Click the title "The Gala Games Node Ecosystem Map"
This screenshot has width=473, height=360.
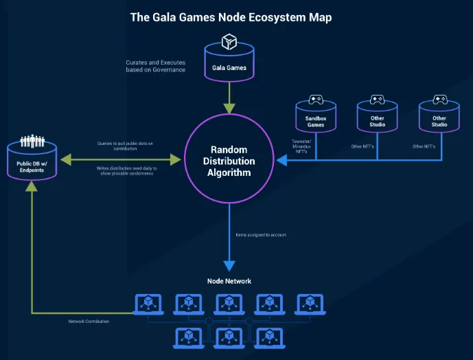(x=231, y=17)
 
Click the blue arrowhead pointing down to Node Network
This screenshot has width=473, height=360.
(x=229, y=265)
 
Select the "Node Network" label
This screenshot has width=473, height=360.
(x=229, y=281)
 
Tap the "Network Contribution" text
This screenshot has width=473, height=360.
(x=89, y=321)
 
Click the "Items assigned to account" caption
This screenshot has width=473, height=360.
(x=261, y=235)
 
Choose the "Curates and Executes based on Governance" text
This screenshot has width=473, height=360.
(x=155, y=66)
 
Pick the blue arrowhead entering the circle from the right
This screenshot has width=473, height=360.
(x=281, y=161)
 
